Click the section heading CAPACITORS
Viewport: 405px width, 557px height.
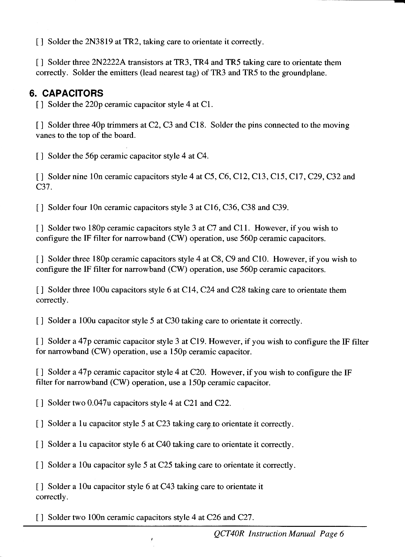click(72, 93)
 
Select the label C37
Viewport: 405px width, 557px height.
click(42, 187)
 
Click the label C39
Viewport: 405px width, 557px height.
click(280, 208)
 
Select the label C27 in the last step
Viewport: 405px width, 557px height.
click(245, 518)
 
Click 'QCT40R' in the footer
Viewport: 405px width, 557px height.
click(229, 534)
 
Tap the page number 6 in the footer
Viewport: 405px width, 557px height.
click(342, 534)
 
